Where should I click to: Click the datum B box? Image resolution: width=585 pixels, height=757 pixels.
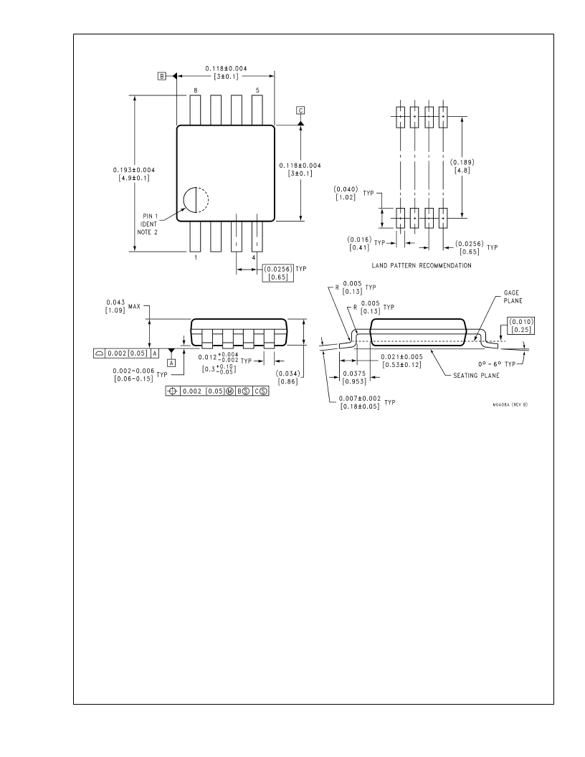point(162,76)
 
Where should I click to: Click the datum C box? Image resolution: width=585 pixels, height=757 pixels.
point(300,110)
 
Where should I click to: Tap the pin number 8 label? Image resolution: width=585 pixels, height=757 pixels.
point(196,90)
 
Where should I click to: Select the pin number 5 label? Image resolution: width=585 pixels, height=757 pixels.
point(257,90)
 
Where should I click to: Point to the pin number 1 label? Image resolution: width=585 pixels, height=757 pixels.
point(196,258)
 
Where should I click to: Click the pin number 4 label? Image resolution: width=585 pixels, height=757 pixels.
point(253,258)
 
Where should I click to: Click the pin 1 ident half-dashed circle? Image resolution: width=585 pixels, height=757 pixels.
point(196,199)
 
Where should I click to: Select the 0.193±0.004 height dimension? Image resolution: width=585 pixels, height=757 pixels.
point(133,173)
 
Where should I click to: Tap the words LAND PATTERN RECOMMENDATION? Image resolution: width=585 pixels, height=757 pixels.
point(422,265)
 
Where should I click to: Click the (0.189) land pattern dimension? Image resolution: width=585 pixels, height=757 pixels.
point(462,166)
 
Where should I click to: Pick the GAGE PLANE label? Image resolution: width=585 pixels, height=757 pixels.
point(513,297)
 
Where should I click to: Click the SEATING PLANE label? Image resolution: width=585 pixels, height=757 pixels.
point(476,375)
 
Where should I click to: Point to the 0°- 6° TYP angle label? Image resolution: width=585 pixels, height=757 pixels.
point(497,364)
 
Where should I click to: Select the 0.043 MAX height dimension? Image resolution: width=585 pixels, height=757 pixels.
point(123,306)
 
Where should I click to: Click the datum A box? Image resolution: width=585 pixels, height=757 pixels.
point(171,363)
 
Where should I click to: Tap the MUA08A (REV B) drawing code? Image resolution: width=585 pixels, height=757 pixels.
point(510,404)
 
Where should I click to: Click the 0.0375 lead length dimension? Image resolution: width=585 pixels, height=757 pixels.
point(354,378)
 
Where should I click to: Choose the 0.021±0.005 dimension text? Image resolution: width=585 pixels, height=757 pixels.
point(401,361)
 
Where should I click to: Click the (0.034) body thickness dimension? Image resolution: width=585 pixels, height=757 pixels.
point(288,378)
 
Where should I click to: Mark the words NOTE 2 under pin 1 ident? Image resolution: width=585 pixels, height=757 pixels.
point(147,232)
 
